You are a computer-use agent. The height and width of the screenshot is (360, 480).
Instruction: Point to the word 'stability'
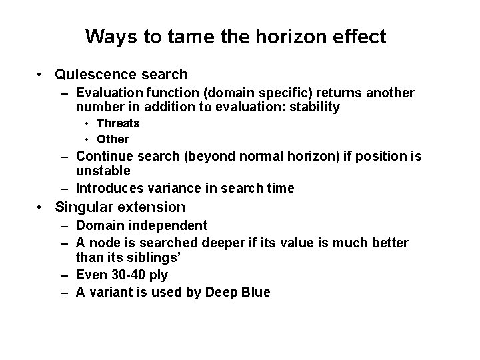click(308, 107)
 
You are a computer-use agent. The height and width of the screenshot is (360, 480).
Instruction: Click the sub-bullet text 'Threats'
click(118, 123)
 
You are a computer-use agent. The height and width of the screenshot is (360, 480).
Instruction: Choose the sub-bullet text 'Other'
click(113, 139)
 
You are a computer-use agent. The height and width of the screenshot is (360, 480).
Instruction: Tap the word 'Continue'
click(105, 157)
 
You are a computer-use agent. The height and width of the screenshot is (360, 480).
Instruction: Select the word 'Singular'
click(83, 207)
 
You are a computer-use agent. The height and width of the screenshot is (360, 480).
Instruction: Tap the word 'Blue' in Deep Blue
click(254, 292)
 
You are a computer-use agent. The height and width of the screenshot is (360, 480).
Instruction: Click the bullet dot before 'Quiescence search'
click(41, 75)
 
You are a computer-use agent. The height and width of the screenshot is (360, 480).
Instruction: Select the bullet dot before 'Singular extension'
click(41, 208)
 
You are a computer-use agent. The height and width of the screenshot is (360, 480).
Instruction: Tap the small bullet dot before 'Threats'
click(87, 124)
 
